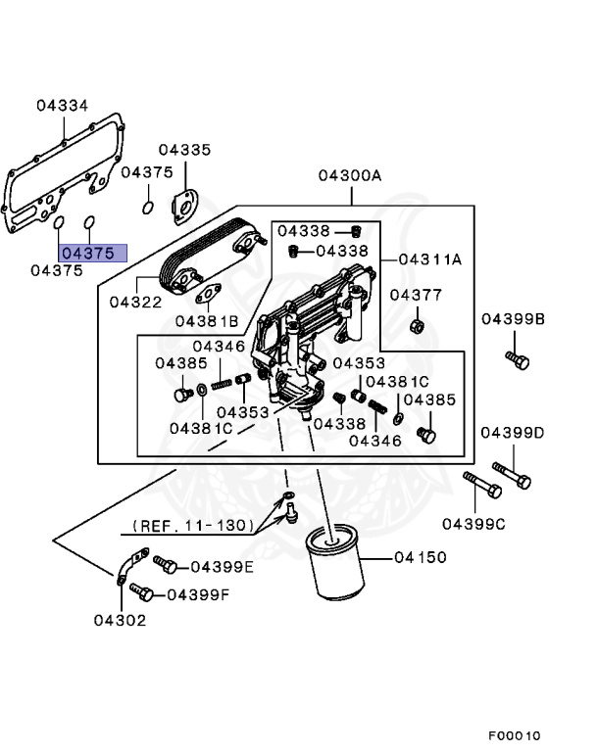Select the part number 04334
pos(63,105)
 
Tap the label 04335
pos(184,150)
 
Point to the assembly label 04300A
pos(349,176)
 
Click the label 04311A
pos(429,259)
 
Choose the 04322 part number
pos(135,303)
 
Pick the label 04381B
pos(207,321)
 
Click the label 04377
pos(416,295)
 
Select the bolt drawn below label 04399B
pos(518,359)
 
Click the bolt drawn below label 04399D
pos(513,475)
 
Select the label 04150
pos(421,557)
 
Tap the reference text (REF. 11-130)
pos(193,526)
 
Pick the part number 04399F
pos(198,593)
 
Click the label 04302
pos(120,620)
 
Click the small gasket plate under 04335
pos(181,208)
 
